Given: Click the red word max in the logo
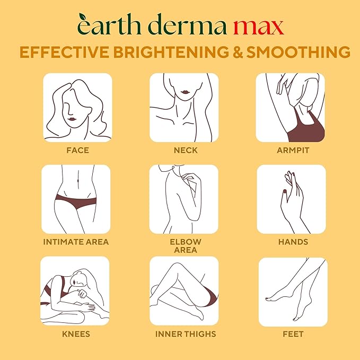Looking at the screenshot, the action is [259, 27].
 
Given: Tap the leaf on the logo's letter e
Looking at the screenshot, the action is [82, 16].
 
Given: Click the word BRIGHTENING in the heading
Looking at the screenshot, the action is [171, 52].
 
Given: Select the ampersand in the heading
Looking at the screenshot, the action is [238, 52].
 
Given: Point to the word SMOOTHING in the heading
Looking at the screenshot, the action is [298, 52].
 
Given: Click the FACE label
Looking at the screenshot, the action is [77, 150].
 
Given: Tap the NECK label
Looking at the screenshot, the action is [186, 150].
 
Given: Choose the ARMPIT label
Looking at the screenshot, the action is [293, 150].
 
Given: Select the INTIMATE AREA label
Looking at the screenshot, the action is [76, 242].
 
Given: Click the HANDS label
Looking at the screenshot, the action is [293, 242].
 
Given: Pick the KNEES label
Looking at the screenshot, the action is [76, 334].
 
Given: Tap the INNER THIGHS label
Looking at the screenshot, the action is [186, 334].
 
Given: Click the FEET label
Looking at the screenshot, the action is [293, 334].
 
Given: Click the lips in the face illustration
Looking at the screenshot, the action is [72, 119].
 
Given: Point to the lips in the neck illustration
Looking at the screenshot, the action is [185, 92].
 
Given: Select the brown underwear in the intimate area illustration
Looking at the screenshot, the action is [76, 201].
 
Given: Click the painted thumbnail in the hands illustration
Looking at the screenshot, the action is [285, 191].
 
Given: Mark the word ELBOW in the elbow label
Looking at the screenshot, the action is [186, 242].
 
